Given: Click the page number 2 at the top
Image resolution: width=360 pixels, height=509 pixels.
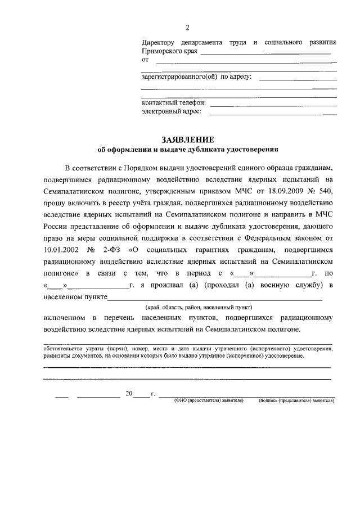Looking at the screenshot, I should pyautogui.click(x=188, y=28).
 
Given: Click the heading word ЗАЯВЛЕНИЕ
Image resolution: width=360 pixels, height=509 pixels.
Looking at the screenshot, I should pyautogui.click(x=188, y=139).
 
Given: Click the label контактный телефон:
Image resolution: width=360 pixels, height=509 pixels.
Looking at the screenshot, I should pyautogui.click(x=174, y=103).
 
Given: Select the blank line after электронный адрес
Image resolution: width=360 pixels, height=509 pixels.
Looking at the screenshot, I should pyautogui.click(x=273, y=113).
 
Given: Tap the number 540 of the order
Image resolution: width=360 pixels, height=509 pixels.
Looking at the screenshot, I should pyautogui.click(x=327, y=191).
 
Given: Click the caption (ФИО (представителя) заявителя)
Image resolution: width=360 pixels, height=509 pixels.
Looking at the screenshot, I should pyautogui.click(x=209, y=401).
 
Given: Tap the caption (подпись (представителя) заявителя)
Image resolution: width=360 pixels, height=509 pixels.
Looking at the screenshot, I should pyautogui.click(x=296, y=401).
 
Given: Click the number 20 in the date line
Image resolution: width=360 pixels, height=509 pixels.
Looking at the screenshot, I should pyautogui.click(x=129, y=394).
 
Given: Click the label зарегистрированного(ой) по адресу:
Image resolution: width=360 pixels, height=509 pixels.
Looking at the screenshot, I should pyautogui.click(x=196, y=76).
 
